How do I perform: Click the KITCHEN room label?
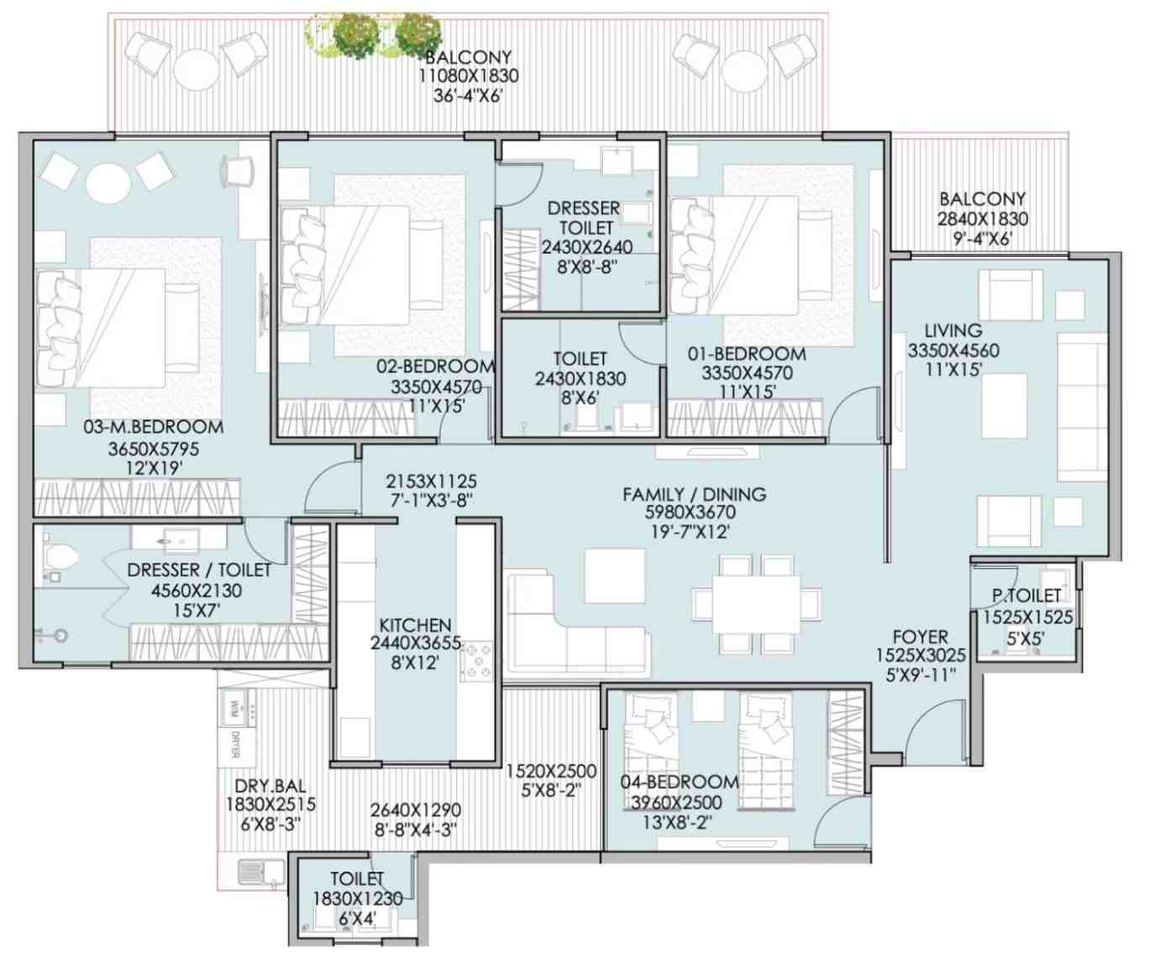coord(415,625)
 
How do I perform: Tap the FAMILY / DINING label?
coord(694,494)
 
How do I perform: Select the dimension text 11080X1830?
coord(469,76)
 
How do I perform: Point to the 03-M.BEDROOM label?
coord(153,427)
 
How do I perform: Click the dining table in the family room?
coord(756,604)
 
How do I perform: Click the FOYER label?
coord(920,637)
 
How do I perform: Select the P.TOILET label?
coord(1026,596)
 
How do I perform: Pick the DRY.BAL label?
coord(270,785)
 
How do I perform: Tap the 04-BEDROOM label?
coord(679,782)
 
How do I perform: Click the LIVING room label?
coord(953,331)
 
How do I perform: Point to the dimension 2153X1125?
coord(431,481)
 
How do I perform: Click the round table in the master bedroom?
coord(109,184)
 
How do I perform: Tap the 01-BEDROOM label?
coord(747,354)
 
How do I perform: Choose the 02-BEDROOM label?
coord(435,366)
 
